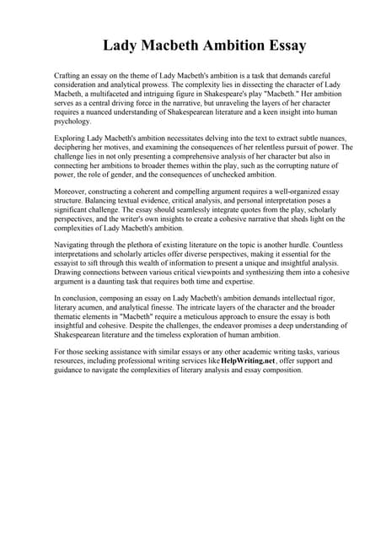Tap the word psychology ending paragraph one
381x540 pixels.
(x=72, y=121)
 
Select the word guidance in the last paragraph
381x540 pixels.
(x=72, y=370)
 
